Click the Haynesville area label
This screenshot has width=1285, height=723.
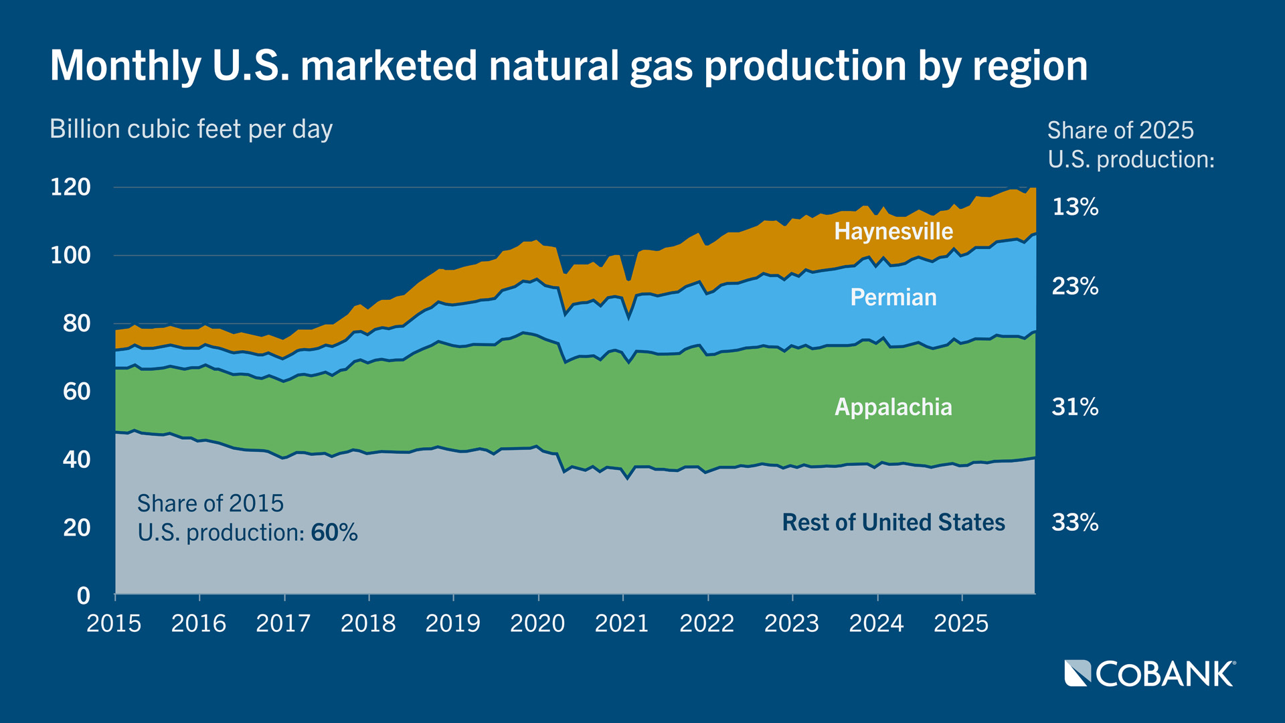tap(893, 232)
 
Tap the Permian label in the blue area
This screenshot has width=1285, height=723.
tap(893, 297)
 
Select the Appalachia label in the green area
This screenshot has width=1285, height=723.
tap(893, 407)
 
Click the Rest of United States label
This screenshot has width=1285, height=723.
tap(893, 522)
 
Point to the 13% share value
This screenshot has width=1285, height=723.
tap(1075, 207)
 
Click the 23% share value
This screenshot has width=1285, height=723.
tap(1075, 287)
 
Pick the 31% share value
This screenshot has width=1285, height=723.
tap(1075, 407)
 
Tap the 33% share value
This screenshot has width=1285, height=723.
tap(1075, 522)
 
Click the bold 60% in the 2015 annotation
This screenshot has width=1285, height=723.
tap(334, 533)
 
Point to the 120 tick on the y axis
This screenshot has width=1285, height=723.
tap(70, 187)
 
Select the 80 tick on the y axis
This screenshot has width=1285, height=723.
tap(76, 324)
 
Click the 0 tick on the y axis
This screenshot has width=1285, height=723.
tap(83, 596)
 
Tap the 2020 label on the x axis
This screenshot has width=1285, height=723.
tap(537, 624)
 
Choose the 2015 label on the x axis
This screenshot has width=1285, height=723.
tap(114, 624)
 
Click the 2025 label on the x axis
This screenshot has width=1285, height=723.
tap(961, 624)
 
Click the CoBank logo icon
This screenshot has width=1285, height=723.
tap(1078, 673)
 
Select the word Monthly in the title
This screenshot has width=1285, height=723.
tap(125, 66)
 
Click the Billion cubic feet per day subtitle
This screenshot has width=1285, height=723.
tap(191, 129)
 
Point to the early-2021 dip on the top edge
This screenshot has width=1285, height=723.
tap(628, 280)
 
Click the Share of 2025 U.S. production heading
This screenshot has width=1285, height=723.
tap(1130, 145)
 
